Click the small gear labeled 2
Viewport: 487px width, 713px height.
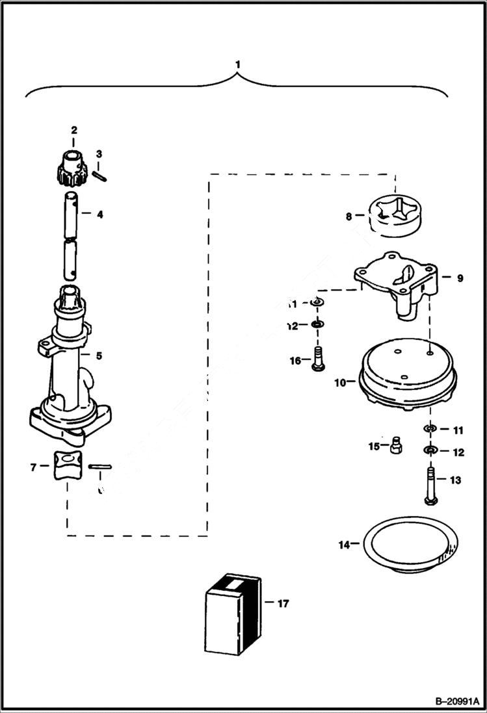(74, 168)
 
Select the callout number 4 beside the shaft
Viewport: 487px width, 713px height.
(99, 214)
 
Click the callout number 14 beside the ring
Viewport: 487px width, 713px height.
(344, 544)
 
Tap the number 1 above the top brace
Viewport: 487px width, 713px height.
(238, 65)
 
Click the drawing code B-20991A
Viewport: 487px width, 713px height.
(448, 701)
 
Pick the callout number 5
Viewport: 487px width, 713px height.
(99, 356)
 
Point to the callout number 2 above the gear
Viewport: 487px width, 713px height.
(74, 131)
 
